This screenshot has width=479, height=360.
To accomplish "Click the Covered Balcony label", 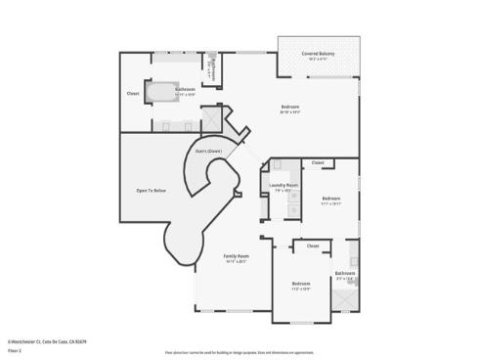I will click(x=320, y=55).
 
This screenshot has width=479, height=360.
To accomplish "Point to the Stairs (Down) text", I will click(x=208, y=152).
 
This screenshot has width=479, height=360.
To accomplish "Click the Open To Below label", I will click(x=152, y=190).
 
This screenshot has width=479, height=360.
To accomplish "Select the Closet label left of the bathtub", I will click(x=132, y=94).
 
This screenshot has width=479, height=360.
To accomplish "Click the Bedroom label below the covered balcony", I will click(x=290, y=106).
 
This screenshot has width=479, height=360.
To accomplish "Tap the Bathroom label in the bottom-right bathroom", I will click(x=345, y=273).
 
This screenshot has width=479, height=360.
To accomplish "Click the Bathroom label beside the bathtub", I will click(x=185, y=89).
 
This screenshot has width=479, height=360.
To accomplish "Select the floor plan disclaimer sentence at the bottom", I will click(x=239, y=350).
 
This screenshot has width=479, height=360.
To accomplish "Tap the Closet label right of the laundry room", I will click(x=317, y=163).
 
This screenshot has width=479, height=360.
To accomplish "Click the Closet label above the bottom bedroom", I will click(x=313, y=246).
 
